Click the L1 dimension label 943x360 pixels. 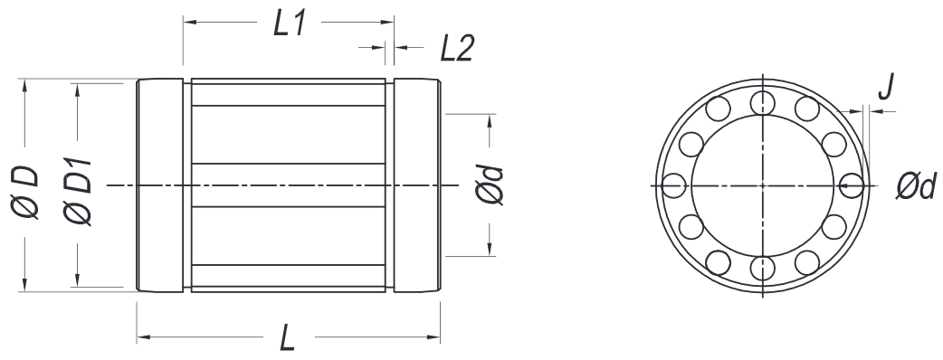(x=291, y=24)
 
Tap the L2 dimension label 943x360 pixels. (x=456, y=49)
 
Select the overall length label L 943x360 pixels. (x=288, y=338)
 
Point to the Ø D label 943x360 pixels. (x=24, y=192)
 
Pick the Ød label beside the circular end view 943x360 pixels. (x=916, y=186)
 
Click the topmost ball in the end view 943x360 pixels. (x=763, y=102)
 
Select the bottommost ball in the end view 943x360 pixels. (x=763, y=268)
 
